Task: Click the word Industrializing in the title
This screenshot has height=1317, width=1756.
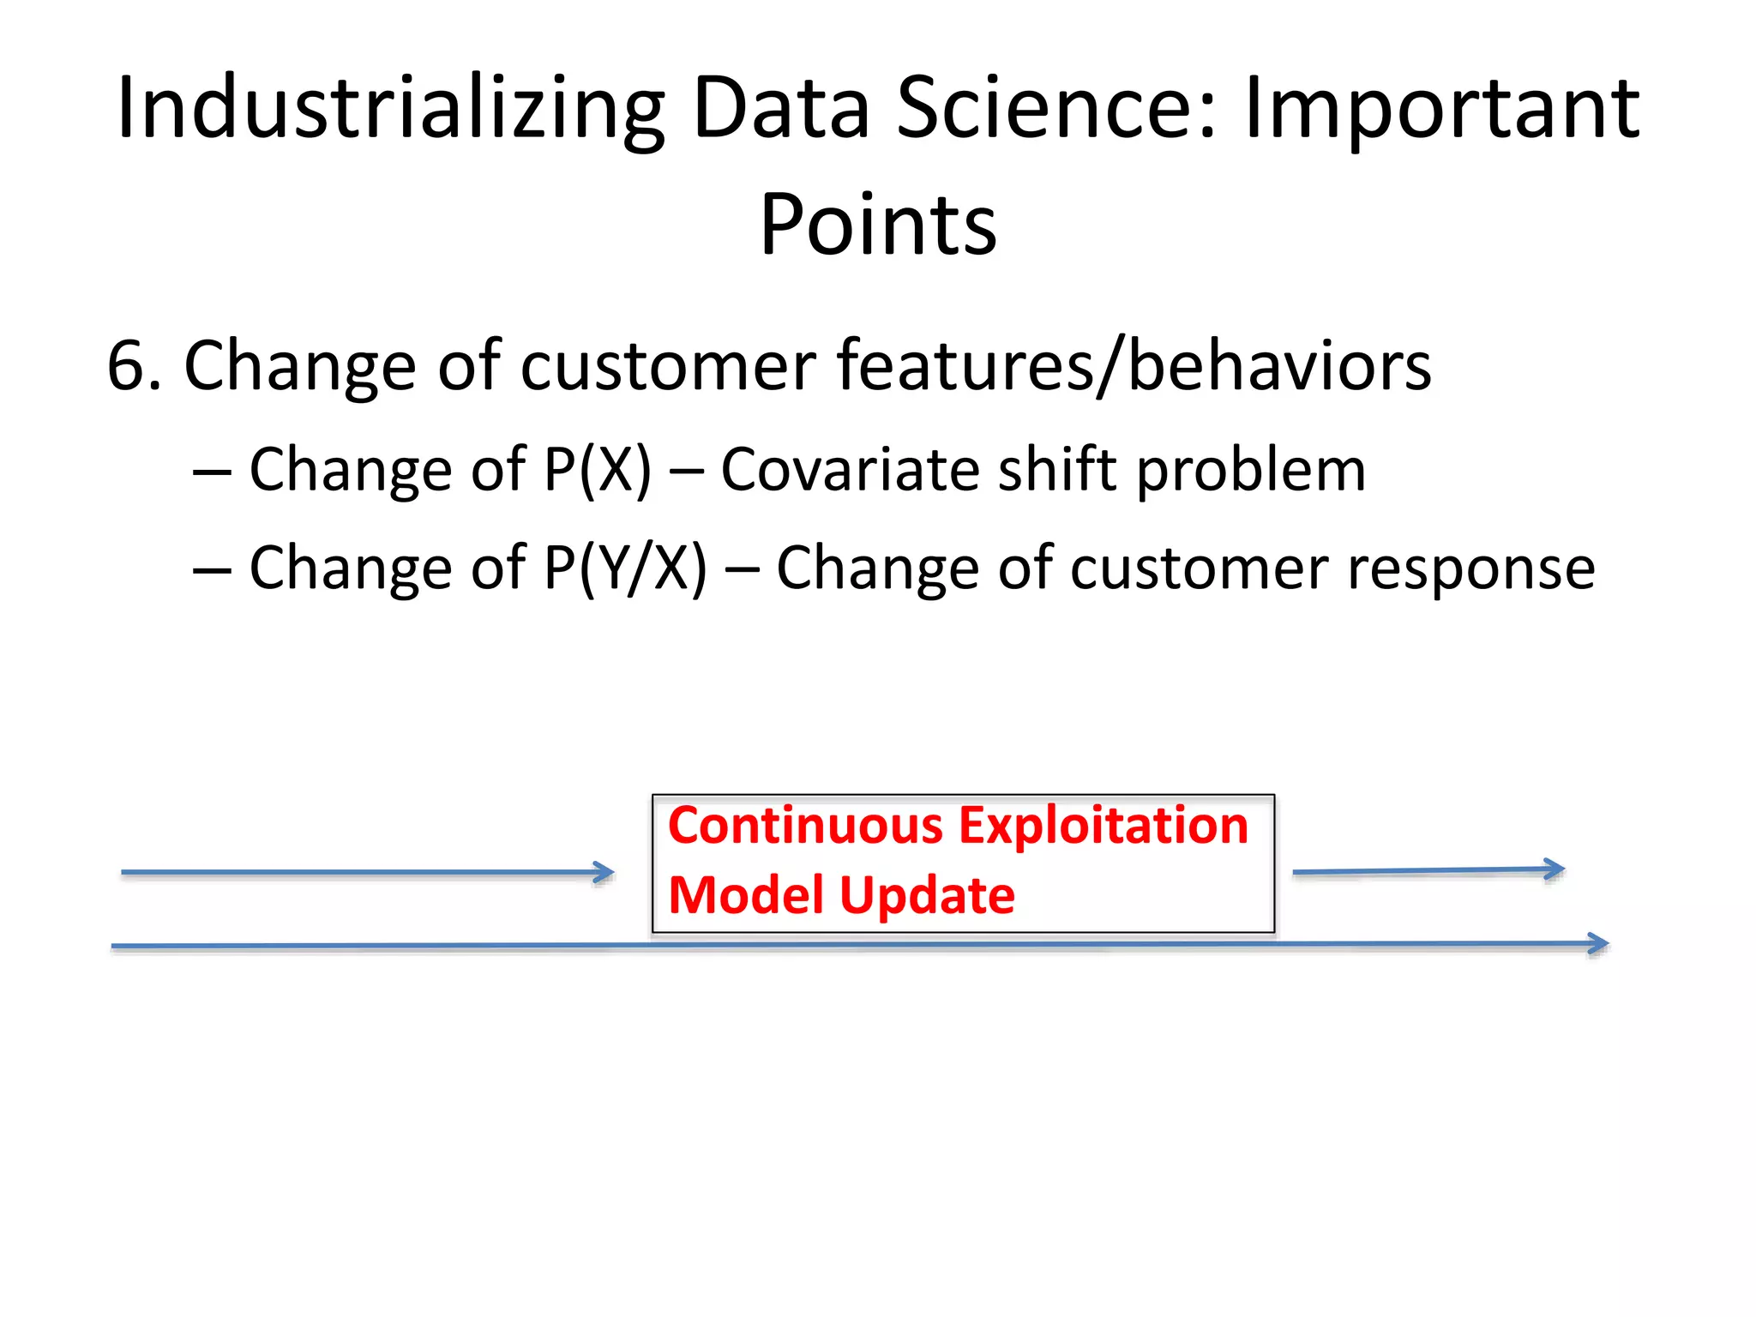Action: pos(390,110)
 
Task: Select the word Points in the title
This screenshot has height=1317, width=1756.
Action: pos(878,225)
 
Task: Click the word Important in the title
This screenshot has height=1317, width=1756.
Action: pos(1441,110)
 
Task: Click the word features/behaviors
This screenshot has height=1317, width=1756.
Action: pos(1134,367)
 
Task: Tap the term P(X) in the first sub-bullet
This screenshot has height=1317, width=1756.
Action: pos(598,470)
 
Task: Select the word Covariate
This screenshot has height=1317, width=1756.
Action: pos(849,470)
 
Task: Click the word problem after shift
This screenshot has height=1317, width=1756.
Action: pos(1251,472)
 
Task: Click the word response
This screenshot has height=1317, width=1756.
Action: pos(1471,569)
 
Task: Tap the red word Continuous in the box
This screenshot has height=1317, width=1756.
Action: pos(806,826)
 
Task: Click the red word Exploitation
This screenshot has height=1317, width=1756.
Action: pos(1104,826)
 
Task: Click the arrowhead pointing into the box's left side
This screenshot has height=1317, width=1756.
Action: pos(606,873)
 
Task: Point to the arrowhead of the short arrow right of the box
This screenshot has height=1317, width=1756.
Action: pos(1555,869)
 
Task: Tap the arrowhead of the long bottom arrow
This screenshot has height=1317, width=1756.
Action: pos(1599,944)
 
